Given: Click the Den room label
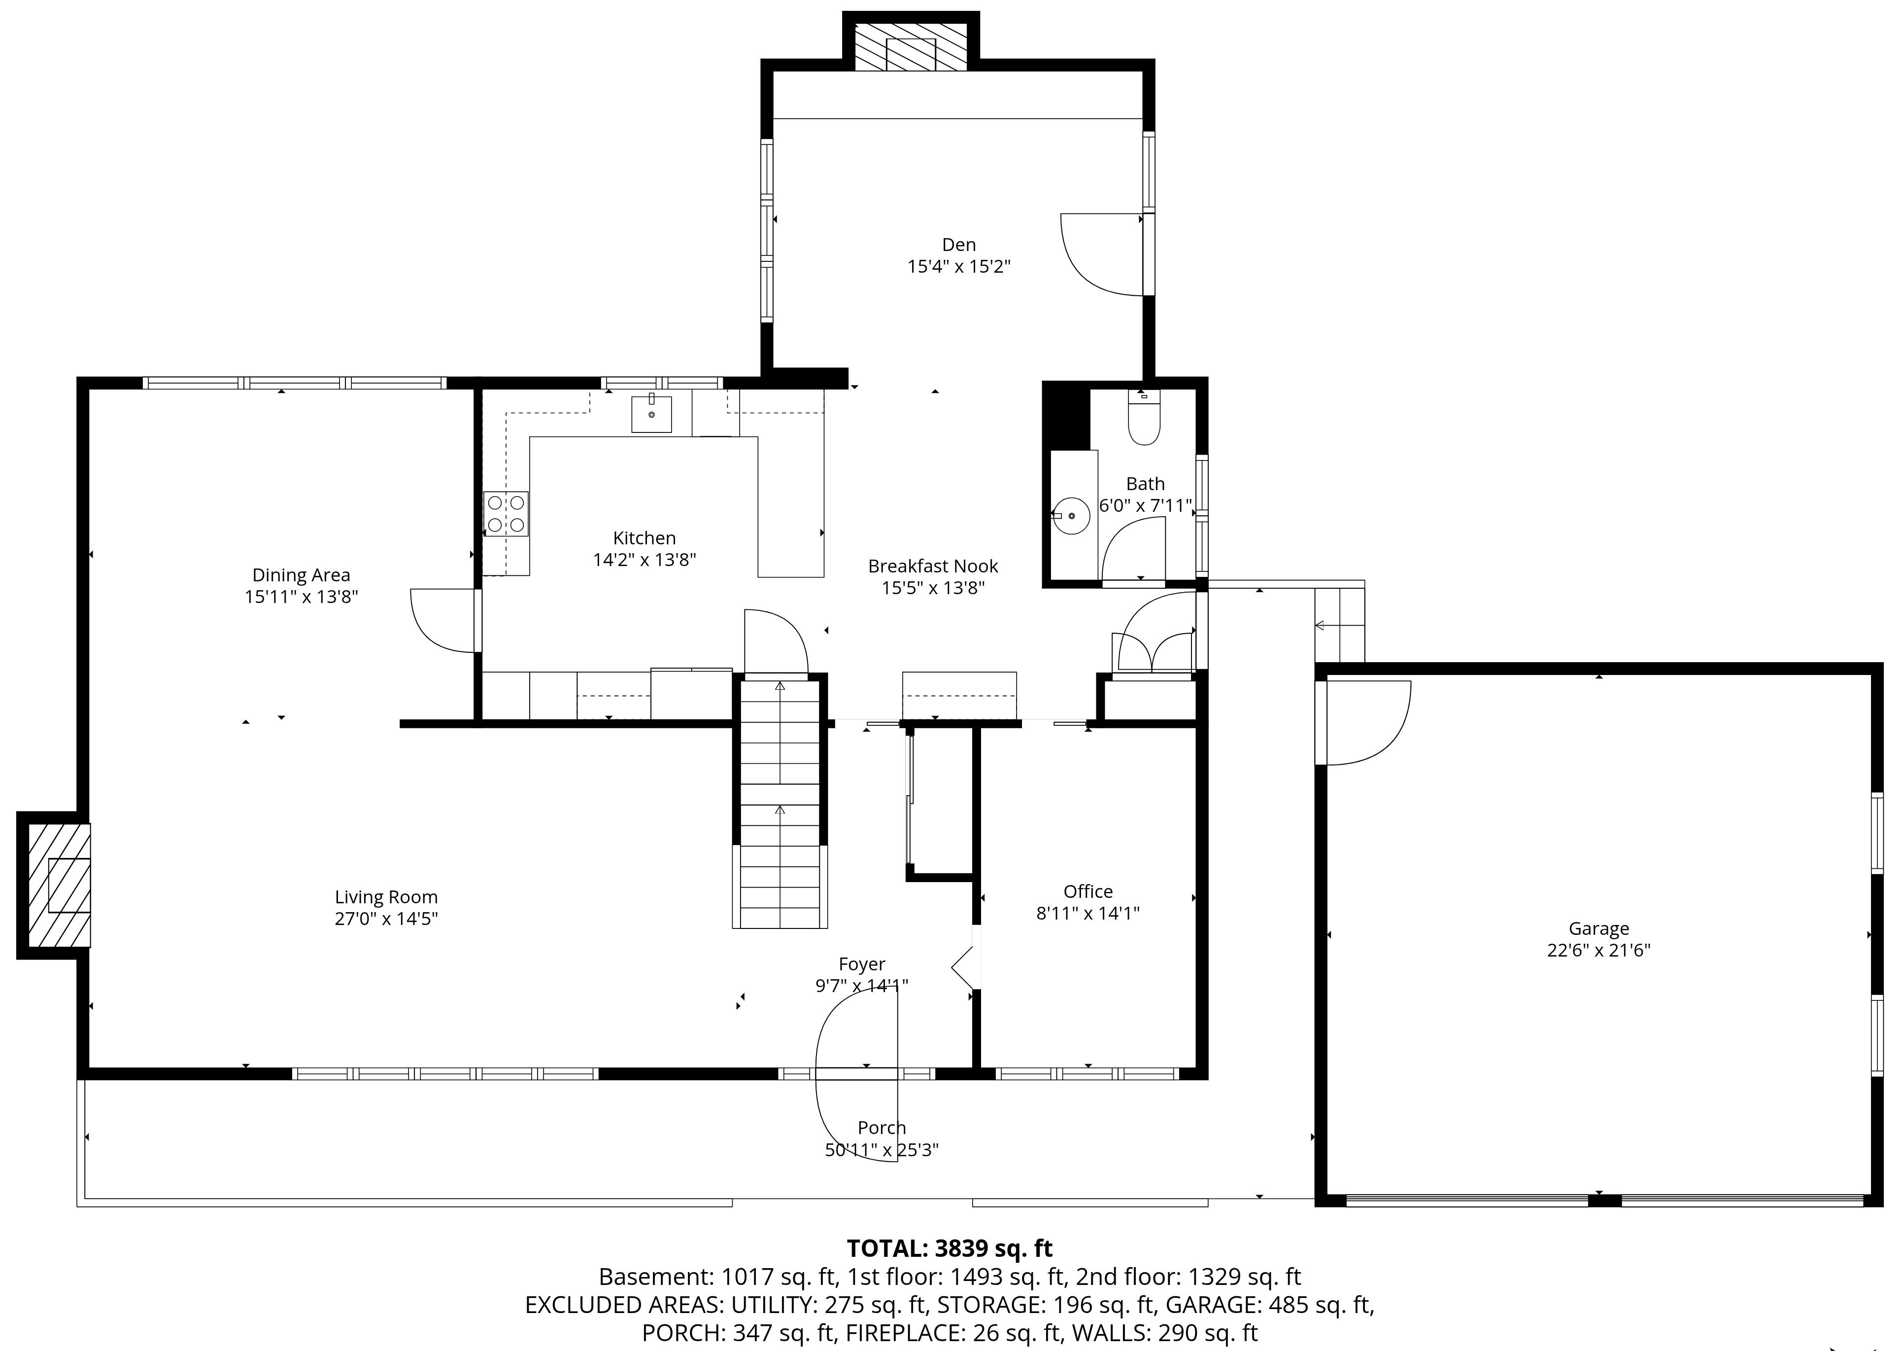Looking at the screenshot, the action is (x=958, y=245).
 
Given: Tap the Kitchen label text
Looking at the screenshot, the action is (x=645, y=538).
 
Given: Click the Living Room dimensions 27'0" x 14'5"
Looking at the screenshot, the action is (x=386, y=919).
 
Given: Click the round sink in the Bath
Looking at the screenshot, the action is (x=1072, y=516).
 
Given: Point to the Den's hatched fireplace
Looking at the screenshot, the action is (x=911, y=46).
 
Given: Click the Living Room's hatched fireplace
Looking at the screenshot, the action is (x=60, y=885).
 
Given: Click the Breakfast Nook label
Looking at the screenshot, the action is (x=933, y=567).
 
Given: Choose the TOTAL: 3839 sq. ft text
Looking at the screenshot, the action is (x=950, y=1248).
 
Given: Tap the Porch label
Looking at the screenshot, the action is (x=882, y=1128).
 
